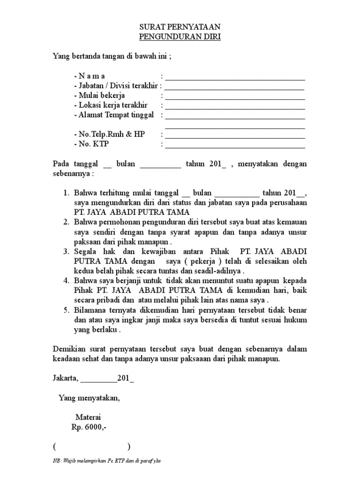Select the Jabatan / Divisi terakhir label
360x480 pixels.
click(116, 86)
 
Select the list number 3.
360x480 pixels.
click(66, 252)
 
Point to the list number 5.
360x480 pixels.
click(66, 310)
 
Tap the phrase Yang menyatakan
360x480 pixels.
click(89, 398)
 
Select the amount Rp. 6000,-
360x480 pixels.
click(87, 427)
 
